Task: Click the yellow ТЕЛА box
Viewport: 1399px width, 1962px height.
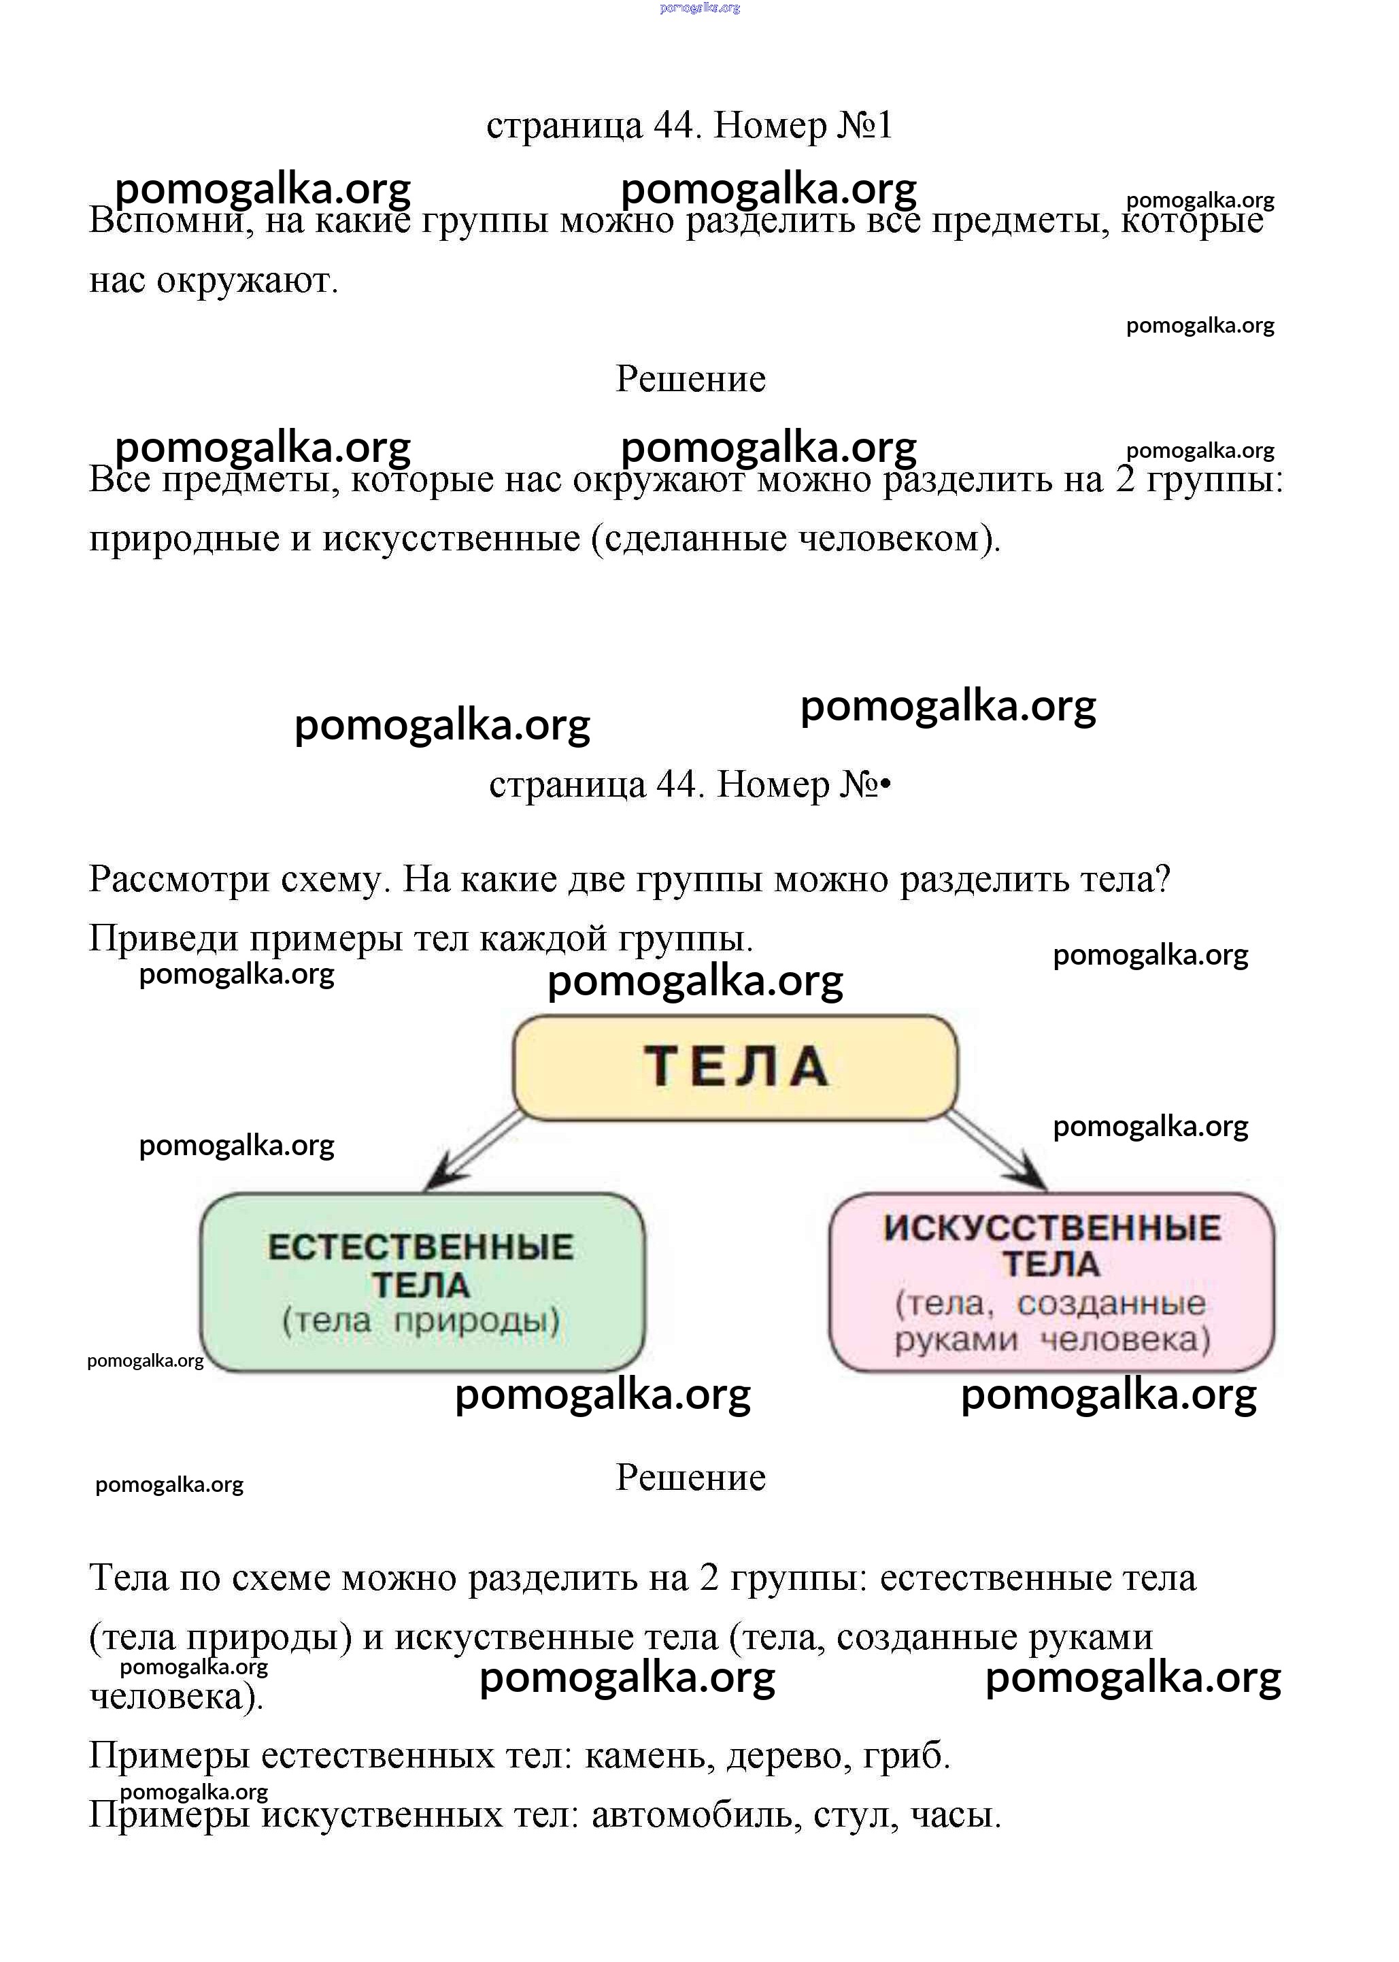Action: (735, 1067)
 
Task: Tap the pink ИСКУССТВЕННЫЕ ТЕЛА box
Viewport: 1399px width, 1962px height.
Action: (1051, 1282)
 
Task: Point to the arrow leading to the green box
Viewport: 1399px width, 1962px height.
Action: (474, 1150)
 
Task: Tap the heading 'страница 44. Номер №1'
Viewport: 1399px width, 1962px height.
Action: (689, 126)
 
